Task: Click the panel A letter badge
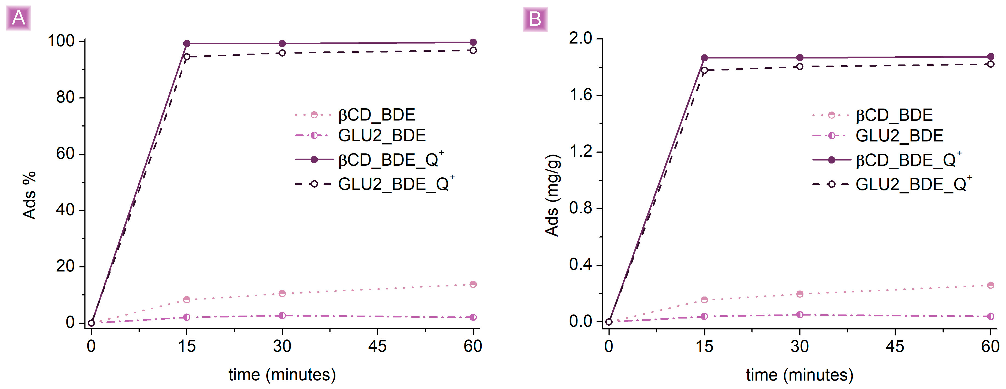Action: point(18,18)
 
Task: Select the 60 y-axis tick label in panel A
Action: point(65,154)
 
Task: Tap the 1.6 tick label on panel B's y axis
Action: point(581,95)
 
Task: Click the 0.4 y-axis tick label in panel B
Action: point(581,264)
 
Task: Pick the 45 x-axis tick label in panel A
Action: point(377,346)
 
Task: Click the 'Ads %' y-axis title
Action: point(30,195)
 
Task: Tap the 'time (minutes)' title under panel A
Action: point(282,375)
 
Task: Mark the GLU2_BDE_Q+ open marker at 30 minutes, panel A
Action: point(282,53)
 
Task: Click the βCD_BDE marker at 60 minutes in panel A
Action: point(473,284)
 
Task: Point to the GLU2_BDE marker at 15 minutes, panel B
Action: point(704,316)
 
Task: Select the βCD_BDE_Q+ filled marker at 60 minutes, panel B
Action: point(990,57)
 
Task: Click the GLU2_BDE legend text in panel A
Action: point(381,135)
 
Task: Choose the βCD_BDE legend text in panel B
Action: point(894,115)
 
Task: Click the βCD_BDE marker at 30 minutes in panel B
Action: point(799,294)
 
